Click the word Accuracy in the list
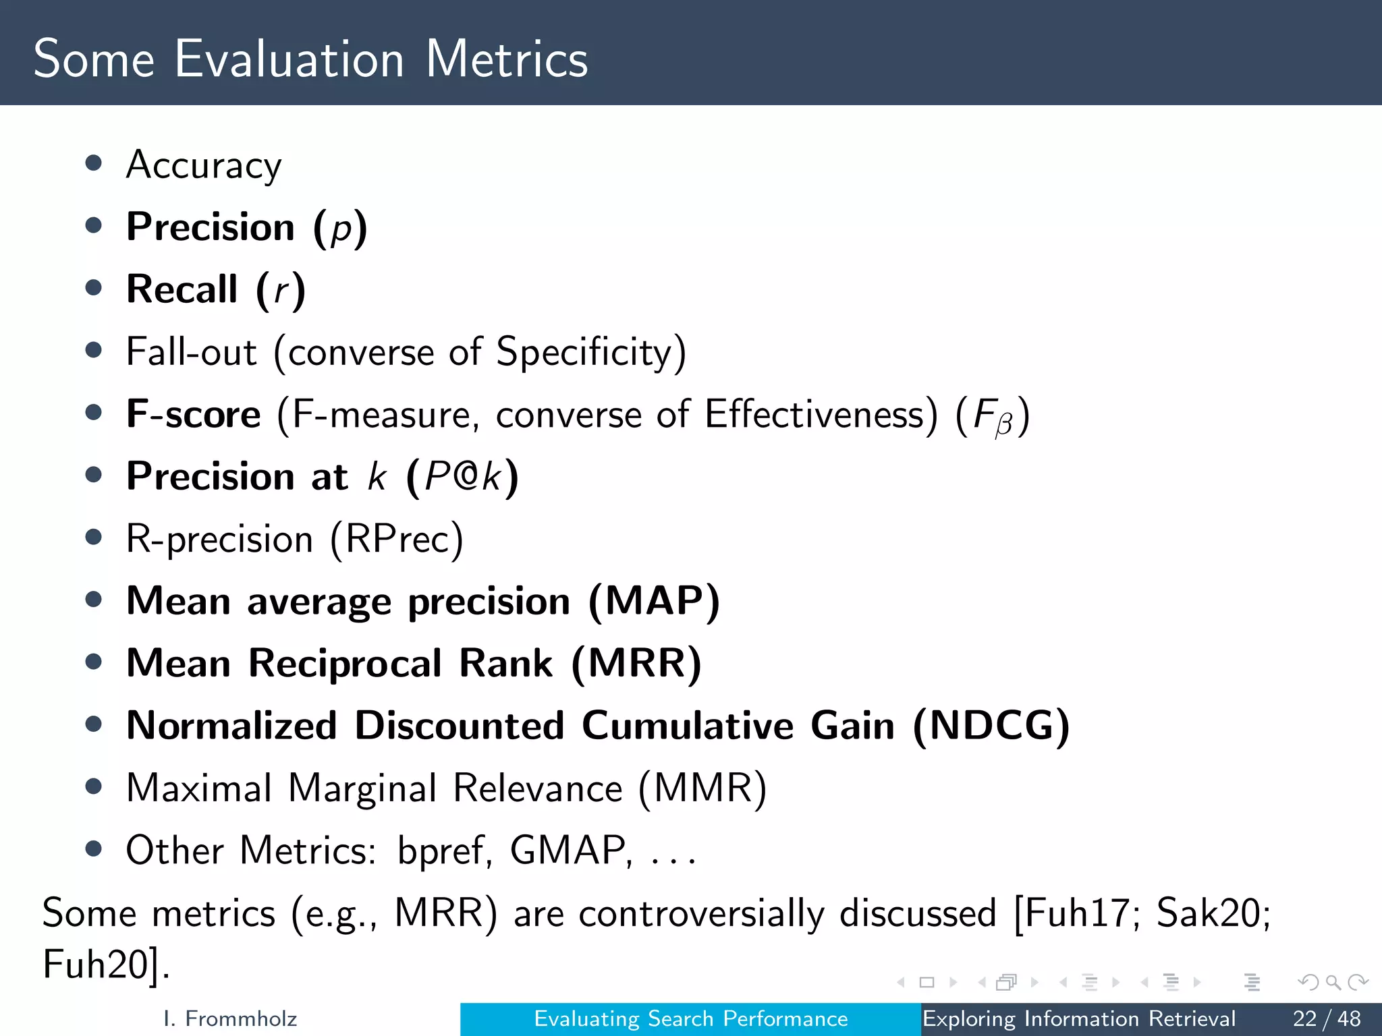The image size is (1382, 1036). click(204, 165)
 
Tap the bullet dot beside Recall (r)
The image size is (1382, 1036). click(94, 288)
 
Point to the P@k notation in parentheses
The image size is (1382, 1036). click(463, 477)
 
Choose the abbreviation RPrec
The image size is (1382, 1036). click(397, 539)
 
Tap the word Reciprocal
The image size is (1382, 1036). click(345, 664)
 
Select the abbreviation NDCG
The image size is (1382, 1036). click(991, 726)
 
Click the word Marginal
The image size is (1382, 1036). click(362, 788)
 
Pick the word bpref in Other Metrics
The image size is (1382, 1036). click(441, 851)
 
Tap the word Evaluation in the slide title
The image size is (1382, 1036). click(289, 59)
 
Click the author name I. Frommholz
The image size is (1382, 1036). click(230, 1018)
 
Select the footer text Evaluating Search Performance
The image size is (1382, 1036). click(691, 1018)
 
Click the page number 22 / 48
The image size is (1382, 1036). click(1326, 1018)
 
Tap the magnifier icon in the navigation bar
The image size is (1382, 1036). click(1333, 982)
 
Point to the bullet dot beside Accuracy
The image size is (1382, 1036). click(94, 163)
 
